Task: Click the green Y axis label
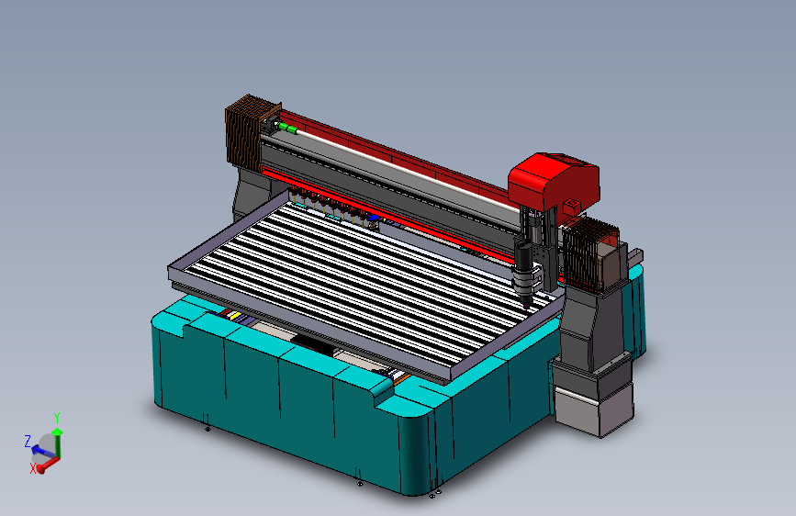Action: [x=57, y=418]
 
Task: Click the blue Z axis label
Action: [x=28, y=440]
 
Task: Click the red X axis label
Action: [x=33, y=467]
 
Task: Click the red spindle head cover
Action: [x=553, y=181]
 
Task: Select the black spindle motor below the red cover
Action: [x=524, y=263]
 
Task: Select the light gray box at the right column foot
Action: [x=591, y=405]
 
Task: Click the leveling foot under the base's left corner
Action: [x=207, y=426]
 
